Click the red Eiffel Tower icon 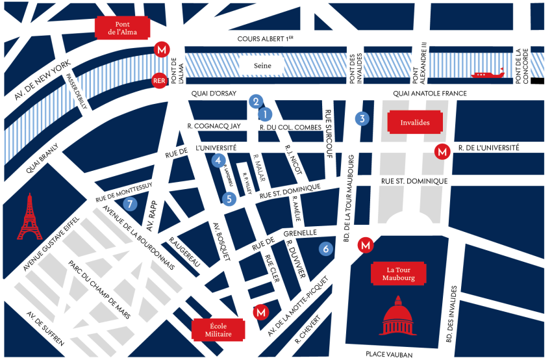pyautogui.click(x=30, y=217)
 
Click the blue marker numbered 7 pyautogui.click(x=131, y=203)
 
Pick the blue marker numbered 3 pyautogui.click(x=362, y=118)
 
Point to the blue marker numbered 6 pyautogui.click(x=326, y=248)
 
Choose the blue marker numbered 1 pyautogui.click(x=264, y=114)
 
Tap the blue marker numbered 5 pyautogui.click(x=228, y=199)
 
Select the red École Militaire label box pyautogui.click(x=219, y=329)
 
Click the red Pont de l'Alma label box pyautogui.click(x=122, y=28)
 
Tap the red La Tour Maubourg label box pyautogui.click(x=398, y=274)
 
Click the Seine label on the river pyautogui.click(x=262, y=66)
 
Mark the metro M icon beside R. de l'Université pyautogui.click(x=442, y=151)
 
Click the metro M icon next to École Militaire pyautogui.click(x=260, y=312)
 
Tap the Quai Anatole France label pyautogui.click(x=430, y=94)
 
